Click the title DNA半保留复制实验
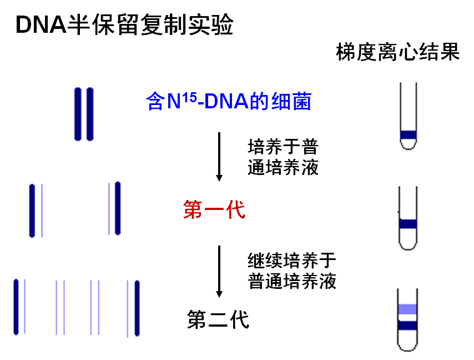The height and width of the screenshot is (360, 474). coord(124,25)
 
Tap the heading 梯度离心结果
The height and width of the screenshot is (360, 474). coord(398,53)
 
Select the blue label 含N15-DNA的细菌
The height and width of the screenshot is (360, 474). coord(229,102)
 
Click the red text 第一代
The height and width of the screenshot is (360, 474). coord(214,210)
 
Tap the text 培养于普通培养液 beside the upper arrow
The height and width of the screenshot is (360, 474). coord(283,157)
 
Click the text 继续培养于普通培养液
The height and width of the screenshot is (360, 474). coord(292,271)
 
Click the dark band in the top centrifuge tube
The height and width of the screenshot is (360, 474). coord(409,134)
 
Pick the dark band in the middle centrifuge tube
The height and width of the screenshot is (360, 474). coord(409,224)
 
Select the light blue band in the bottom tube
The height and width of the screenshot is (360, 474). coord(408,309)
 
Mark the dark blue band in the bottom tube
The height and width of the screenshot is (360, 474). coord(408,326)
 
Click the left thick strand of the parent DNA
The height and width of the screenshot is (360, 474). coord(78,114)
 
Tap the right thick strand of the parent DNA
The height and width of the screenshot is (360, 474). coord(90,114)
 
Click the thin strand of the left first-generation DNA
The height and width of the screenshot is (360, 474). coord(42,210)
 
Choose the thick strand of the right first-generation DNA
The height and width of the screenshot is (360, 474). coord(118,208)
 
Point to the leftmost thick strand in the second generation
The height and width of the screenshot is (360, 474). coord(16,307)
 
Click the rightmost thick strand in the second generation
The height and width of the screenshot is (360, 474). coord(137,308)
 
